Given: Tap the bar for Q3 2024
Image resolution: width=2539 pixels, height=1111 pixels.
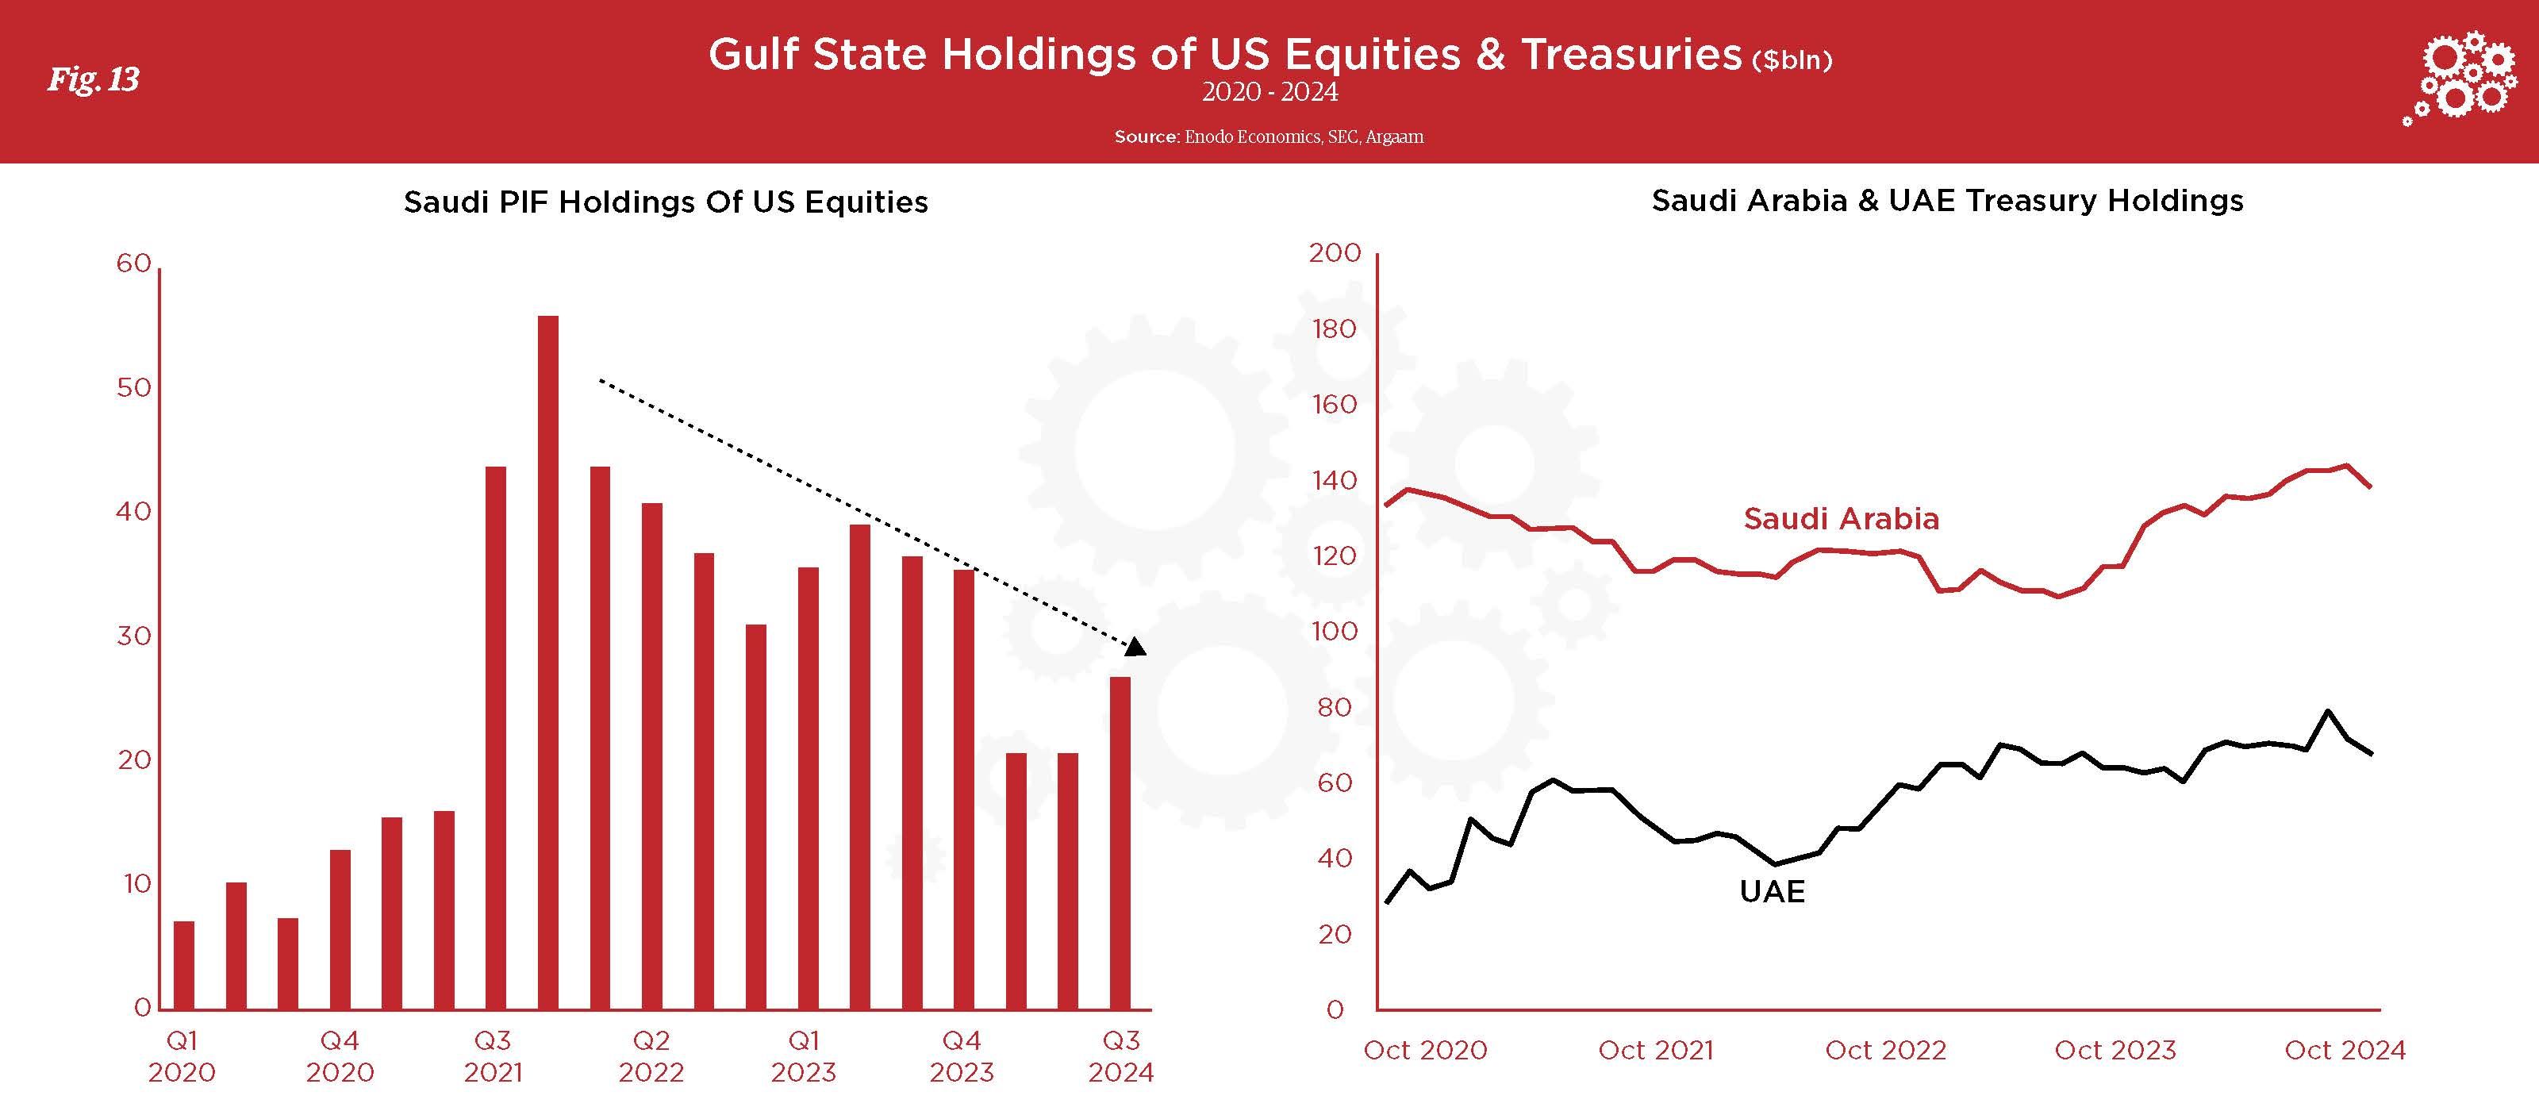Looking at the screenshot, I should pos(1120,843).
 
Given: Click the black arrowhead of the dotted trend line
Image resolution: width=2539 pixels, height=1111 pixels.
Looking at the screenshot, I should pos(1135,648).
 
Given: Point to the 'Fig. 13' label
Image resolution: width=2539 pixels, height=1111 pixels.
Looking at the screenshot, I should pos(94,79).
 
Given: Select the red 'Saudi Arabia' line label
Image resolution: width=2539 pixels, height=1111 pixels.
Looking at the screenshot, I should pos(1841,518).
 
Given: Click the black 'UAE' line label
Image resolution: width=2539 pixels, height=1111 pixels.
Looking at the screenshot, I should pos(1773,891).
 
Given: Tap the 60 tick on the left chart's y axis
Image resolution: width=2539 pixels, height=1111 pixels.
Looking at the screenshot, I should pos(134,263).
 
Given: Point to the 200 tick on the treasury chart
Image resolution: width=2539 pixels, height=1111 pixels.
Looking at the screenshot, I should pos(1335,252).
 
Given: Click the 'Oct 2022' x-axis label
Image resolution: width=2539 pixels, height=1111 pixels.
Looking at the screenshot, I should pos(1885,1050).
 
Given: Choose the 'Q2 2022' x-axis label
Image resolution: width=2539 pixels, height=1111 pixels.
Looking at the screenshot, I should pos(651,1055).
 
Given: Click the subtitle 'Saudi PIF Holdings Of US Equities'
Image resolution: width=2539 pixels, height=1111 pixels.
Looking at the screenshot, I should pos(666,202).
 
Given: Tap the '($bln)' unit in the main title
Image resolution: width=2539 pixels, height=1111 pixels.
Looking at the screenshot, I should pos(1792,60).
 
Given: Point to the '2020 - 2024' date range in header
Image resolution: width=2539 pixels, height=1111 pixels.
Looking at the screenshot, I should pos(1269,92).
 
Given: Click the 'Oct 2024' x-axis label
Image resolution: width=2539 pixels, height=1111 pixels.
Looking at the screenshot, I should pos(2345,1050).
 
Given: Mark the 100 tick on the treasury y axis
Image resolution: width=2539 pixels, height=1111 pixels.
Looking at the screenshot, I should pos(1335,631).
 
